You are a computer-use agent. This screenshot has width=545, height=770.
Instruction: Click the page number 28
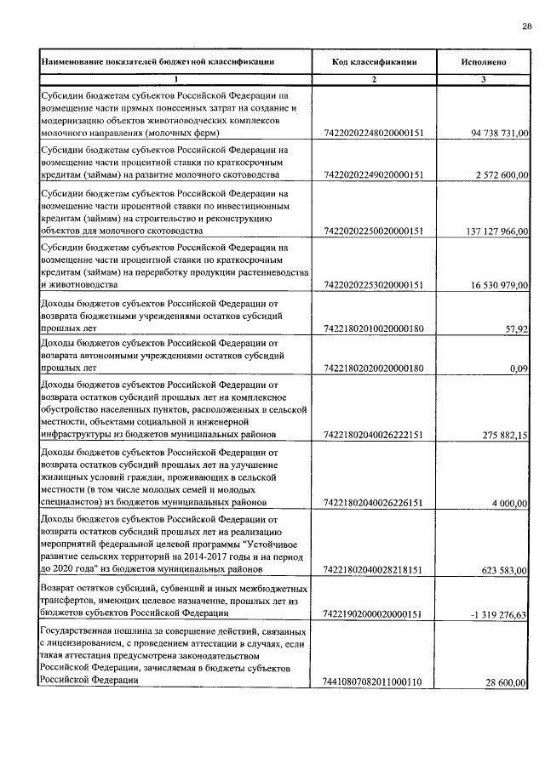coord(526,26)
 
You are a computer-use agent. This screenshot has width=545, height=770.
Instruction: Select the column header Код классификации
coord(374,62)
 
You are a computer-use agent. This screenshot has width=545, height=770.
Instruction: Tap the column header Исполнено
coord(484,62)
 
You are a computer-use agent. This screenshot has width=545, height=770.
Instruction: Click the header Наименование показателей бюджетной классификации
coord(158,62)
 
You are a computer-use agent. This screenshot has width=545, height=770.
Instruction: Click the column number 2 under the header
coord(374,79)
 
